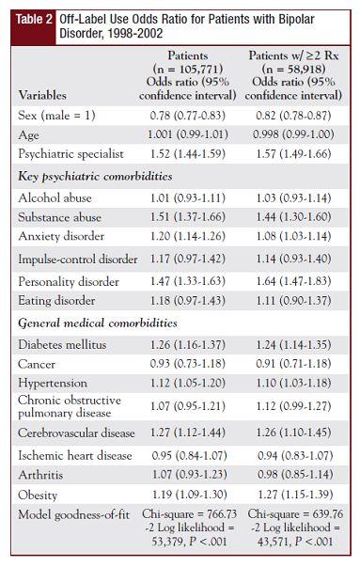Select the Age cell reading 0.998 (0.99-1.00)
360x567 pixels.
294,134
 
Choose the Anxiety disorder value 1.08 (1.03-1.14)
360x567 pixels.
294,236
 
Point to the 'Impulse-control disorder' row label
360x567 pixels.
78,259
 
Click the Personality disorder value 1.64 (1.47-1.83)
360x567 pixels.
294,280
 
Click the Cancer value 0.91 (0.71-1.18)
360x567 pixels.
294,364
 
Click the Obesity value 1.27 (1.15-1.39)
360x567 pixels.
294,494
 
